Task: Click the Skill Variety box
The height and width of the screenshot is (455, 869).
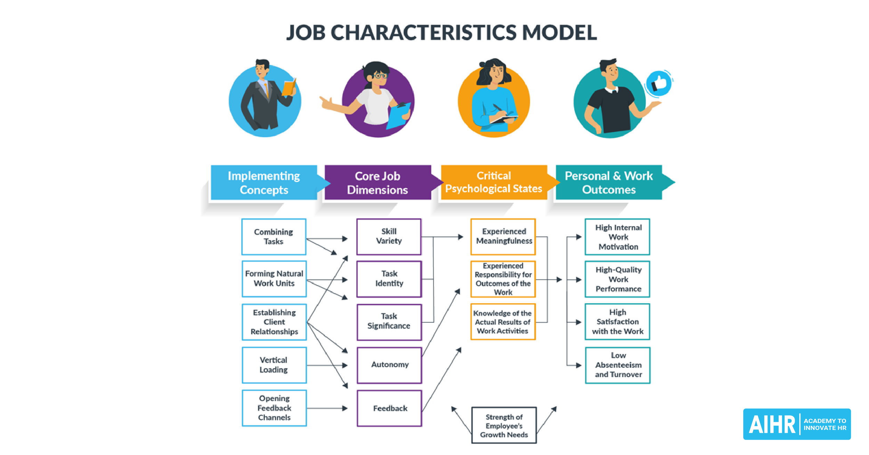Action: click(x=389, y=237)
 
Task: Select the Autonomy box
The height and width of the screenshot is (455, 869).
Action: click(x=389, y=365)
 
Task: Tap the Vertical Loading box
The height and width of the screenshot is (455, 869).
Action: click(x=274, y=365)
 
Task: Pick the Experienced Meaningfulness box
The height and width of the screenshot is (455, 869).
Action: click(x=503, y=237)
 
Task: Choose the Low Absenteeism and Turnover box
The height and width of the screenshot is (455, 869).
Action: click(x=618, y=365)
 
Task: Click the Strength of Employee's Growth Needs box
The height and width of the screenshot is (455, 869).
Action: click(x=504, y=425)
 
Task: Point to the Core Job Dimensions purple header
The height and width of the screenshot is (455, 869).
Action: click(x=377, y=182)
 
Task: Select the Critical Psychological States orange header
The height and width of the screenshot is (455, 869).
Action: click(x=494, y=182)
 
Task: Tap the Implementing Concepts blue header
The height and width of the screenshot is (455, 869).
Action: click(x=264, y=182)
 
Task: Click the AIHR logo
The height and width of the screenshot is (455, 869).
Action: click(x=797, y=424)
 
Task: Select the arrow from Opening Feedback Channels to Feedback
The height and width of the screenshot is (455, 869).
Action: click(x=327, y=408)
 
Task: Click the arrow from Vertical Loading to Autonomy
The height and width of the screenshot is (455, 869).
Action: click(x=327, y=365)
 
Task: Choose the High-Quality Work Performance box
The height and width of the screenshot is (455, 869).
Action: click(x=618, y=279)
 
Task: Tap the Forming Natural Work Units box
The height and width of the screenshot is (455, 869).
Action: click(x=274, y=279)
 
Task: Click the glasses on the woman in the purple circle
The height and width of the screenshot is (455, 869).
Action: click(x=380, y=75)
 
